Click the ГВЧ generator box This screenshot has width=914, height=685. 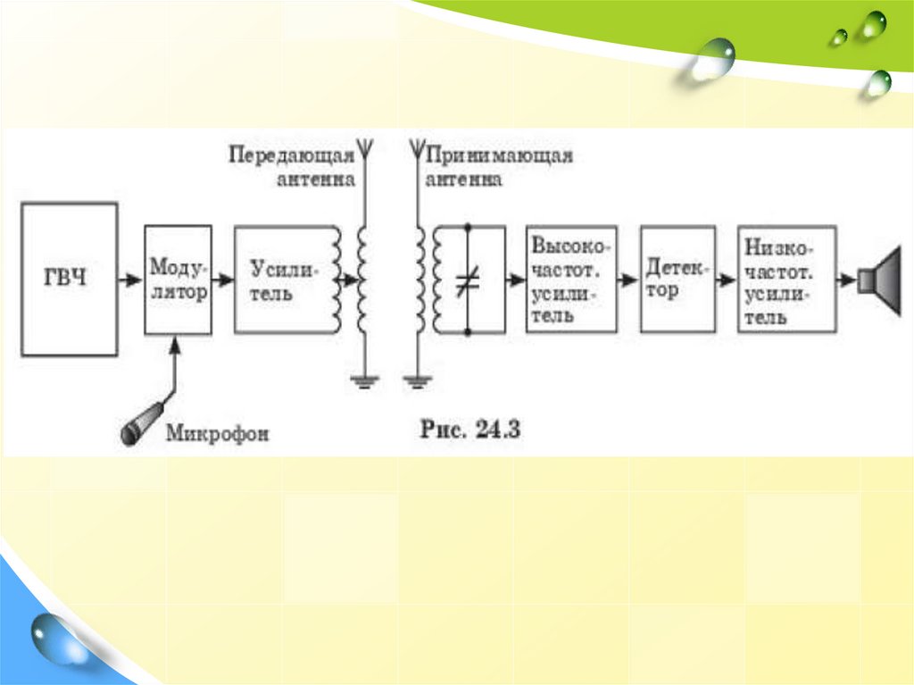point(70,280)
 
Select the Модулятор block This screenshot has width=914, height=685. point(179,279)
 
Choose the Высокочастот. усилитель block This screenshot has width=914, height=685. point(571,280)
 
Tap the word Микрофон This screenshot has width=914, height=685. point(218,434)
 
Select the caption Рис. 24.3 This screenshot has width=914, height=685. point(470,429)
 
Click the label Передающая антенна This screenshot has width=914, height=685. point(292,166)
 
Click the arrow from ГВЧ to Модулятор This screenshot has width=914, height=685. point(131,280)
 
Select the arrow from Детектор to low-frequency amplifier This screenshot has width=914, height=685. point(727,280)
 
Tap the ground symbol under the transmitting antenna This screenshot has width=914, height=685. point(362,383)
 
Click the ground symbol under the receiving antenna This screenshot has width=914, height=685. point(416,383)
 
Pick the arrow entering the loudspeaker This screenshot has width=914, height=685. point(847,280)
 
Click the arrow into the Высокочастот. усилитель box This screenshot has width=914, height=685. point(515,280)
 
